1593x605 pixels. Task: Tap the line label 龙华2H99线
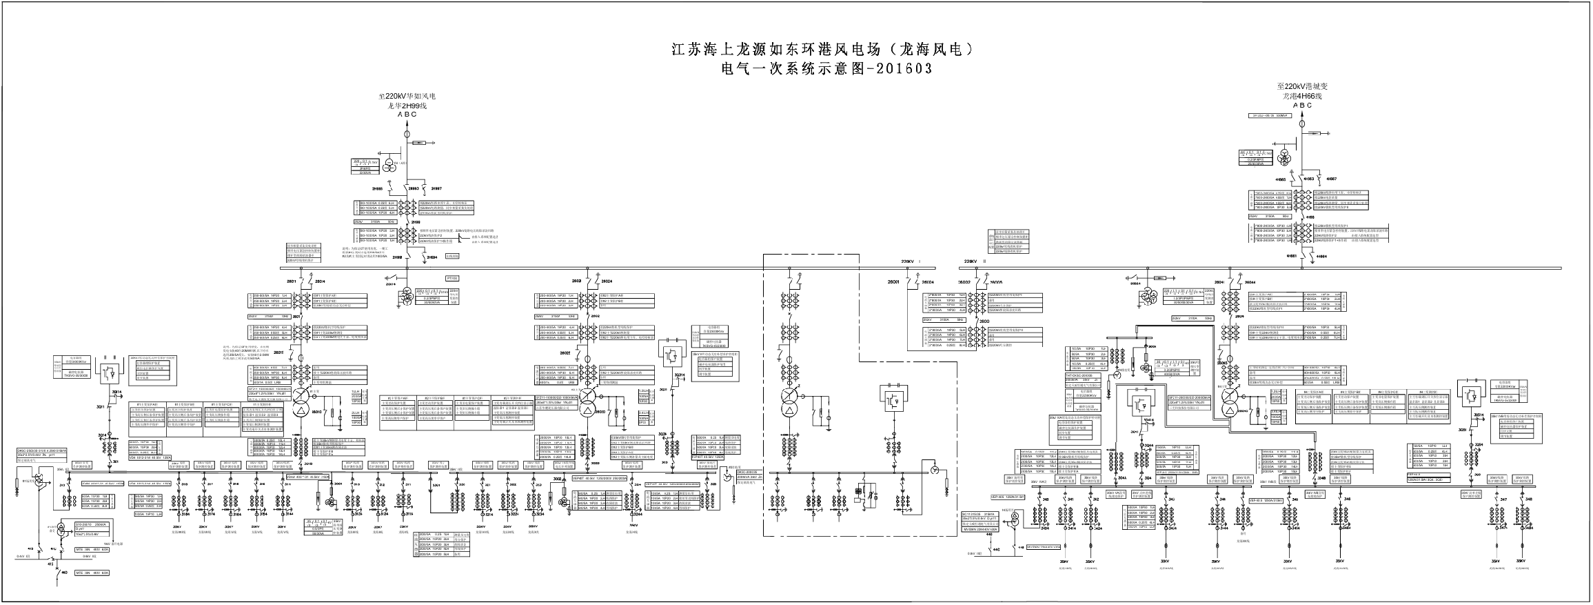(407, 106)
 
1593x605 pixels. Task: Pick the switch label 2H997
(436, 188)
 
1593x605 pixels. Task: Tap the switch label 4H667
(1332, 179)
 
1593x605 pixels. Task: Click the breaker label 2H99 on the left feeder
(416, 223)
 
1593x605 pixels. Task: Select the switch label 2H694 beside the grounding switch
(432, 258)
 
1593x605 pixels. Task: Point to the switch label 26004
(928, 282)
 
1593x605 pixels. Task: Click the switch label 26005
(996, 282)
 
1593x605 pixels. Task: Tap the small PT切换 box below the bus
(452, 277)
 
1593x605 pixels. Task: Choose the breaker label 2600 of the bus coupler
(984, 321)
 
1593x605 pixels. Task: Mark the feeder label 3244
(636, 514)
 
